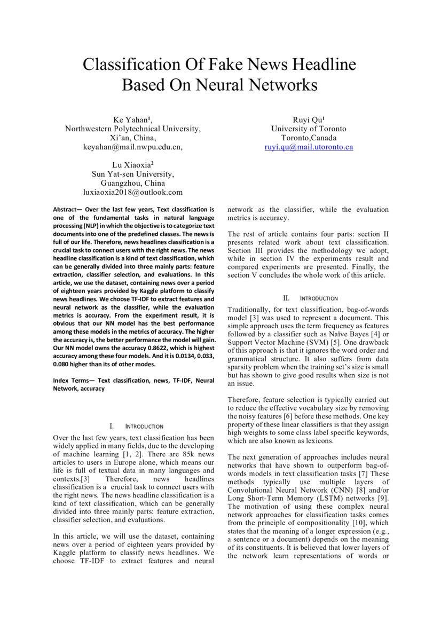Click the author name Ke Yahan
point(130,119)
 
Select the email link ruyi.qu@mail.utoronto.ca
point(309,147)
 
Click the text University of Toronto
point(309,129)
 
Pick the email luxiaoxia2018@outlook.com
point(133,192)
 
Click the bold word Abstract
point(67,210)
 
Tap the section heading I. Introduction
point(136,426)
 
